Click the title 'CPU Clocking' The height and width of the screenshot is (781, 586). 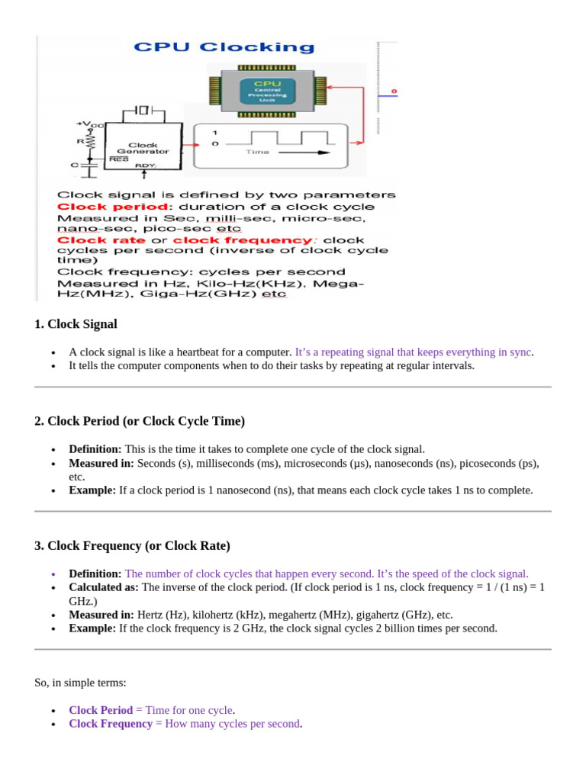click(224, 47)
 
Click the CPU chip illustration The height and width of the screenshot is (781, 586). click(267, 92)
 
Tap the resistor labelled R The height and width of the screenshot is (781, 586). click(90, 141)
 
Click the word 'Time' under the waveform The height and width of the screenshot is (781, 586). click(258, 152)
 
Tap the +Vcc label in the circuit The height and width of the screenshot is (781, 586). click(89, 124)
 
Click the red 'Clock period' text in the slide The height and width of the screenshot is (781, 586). click(113, 207)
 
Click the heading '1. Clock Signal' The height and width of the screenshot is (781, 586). click(76, 324)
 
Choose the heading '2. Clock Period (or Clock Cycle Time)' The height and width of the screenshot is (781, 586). click(140, 421)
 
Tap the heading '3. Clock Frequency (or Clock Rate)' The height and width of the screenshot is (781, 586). click(132, 546)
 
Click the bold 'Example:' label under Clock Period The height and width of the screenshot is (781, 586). click(92, 490)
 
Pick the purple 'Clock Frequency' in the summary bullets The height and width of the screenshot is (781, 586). click(111, 723)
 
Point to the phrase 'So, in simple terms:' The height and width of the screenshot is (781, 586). click(80, 683)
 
